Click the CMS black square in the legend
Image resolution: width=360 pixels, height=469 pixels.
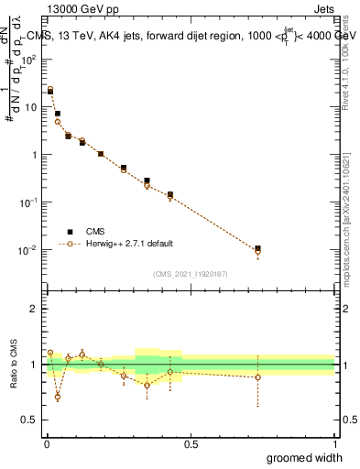click(69, 232)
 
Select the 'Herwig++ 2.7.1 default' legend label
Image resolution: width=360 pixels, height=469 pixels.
click(129, 245)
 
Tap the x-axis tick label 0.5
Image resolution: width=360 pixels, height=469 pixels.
click(191, 443)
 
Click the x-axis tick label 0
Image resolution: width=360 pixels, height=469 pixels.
click(47, 443)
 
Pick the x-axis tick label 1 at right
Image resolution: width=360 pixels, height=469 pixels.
click(334, 443)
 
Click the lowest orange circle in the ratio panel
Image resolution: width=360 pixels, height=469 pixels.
click(58, 397)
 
